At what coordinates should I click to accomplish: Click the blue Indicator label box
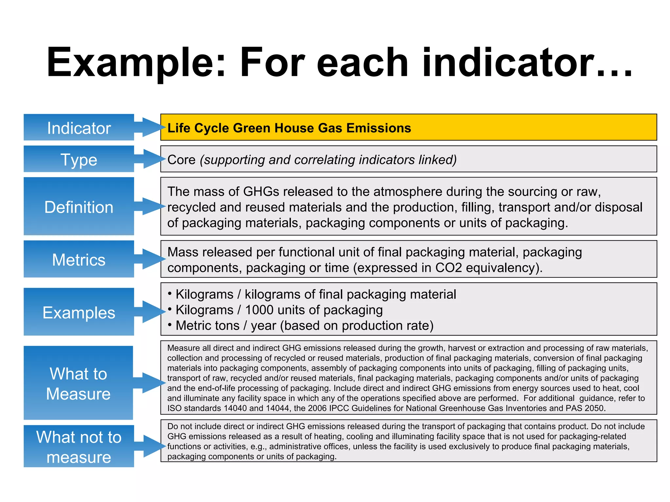(79, 127)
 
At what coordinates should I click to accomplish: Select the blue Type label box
(79, 159)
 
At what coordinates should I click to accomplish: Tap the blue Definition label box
(79, 207)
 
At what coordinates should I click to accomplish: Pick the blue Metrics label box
(79, 259)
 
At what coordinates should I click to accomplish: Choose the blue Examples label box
(79, 312)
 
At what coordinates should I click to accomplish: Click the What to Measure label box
(79, 383)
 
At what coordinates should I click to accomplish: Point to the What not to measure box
(79, 446)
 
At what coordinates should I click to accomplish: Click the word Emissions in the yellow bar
(379, 128)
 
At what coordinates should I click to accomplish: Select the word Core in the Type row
(181, 160)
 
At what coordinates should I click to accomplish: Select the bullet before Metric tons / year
(169, 325)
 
